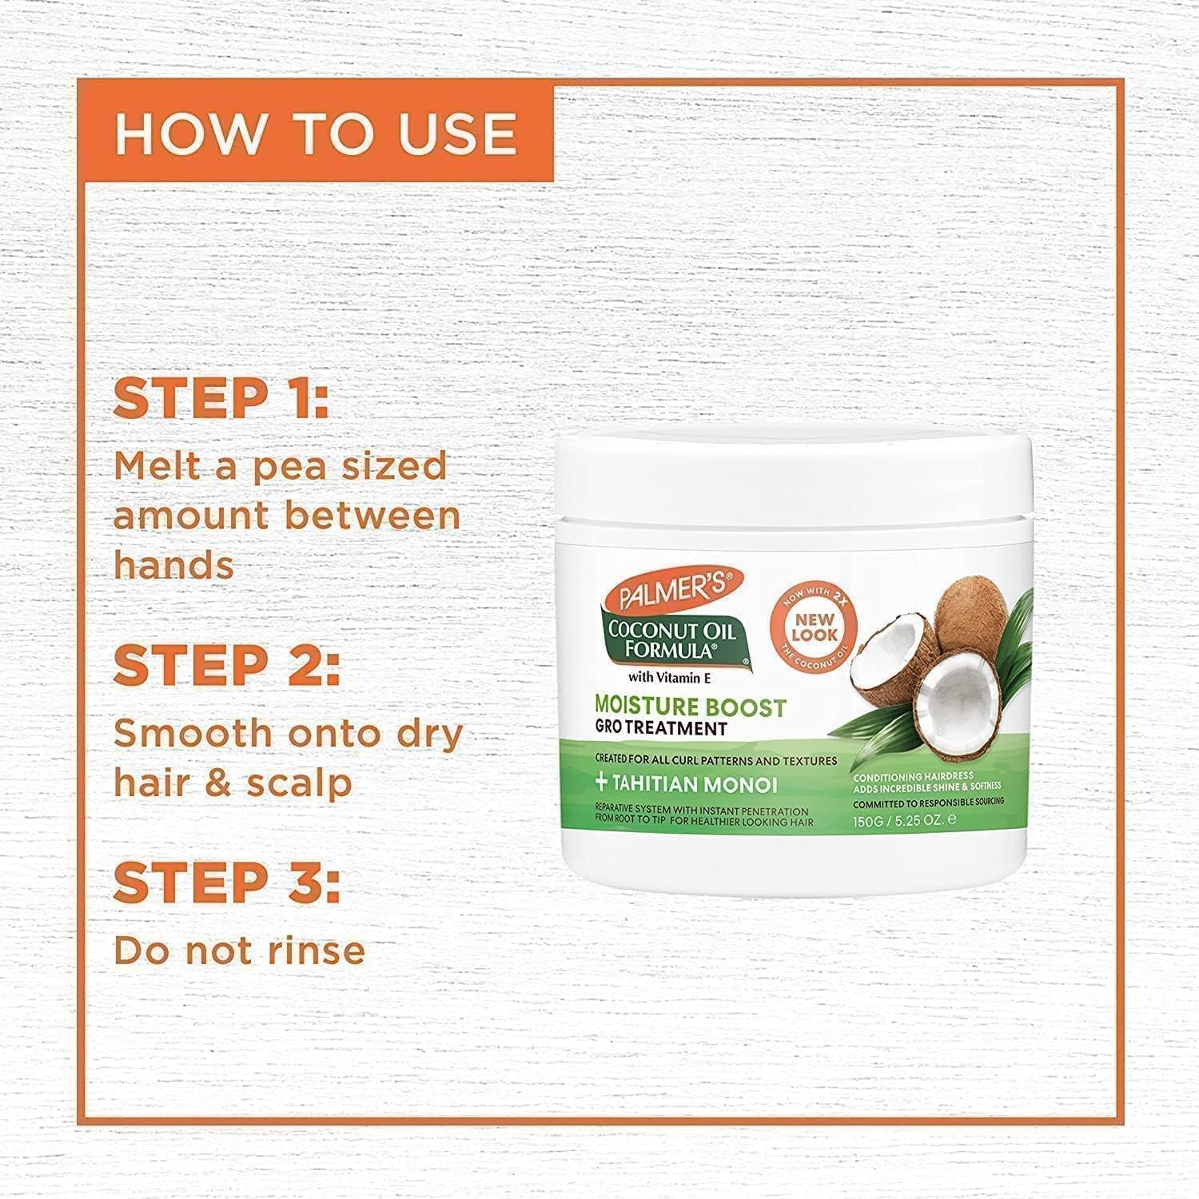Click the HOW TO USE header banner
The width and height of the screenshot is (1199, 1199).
click(317, 133)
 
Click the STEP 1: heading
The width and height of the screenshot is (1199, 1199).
click(221, 399)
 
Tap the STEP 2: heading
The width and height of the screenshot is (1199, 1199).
click(227, 665)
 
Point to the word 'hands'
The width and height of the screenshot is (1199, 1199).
click(173, 565)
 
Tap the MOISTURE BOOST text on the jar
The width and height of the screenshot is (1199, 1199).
click(690, 707)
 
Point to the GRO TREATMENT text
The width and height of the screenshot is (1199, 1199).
click(660, 728)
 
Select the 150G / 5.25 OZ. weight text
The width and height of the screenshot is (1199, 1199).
click(903, 819)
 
